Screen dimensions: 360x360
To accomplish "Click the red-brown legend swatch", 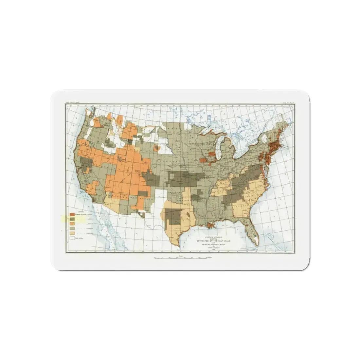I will coord(72,213).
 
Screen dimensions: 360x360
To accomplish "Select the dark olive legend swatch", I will coord(72,218).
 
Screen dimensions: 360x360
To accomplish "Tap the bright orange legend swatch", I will coord(72,223).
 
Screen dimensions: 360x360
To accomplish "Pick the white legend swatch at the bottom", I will coord(72,238).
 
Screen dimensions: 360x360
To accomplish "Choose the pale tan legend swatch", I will coord(72,233).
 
